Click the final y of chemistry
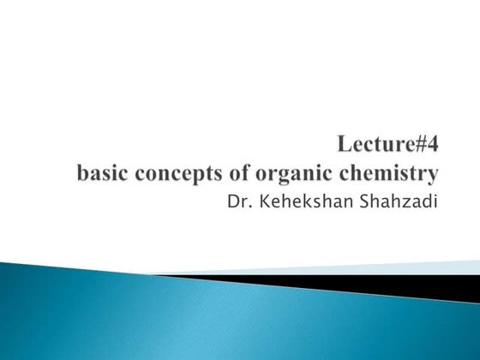[433, 177]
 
